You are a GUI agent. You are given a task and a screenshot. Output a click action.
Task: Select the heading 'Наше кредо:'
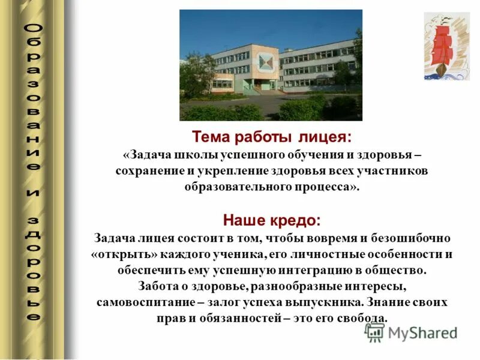click(x=272, y=220)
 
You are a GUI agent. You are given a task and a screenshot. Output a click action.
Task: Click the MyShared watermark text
click(x=422, y=333)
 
